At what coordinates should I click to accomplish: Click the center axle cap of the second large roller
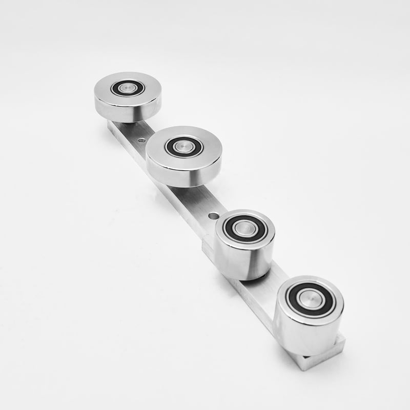tap(183, 147)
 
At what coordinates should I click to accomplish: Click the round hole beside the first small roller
tap(213, 216)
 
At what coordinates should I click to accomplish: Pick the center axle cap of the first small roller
tap(245, 229)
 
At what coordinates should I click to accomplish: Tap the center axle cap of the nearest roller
tap(309, 299)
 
